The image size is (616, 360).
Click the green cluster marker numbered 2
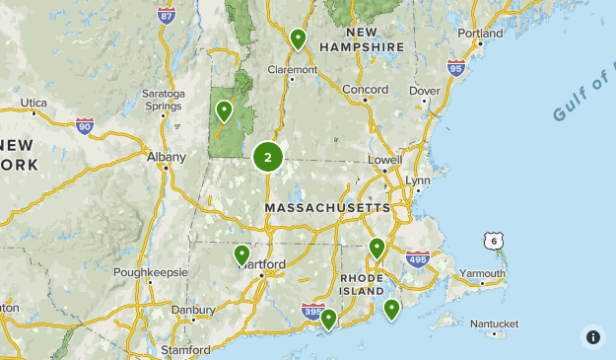click(x=268, y=157)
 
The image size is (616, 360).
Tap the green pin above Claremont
click(x=298, y=40)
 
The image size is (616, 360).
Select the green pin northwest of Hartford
click(x=242, y=255)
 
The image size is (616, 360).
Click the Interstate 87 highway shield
click(x=167, y=15)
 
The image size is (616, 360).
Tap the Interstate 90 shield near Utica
click(x=85, y=125)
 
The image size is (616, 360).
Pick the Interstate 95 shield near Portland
click(x=455, y=67)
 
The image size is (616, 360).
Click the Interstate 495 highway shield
click(x=419, y=260)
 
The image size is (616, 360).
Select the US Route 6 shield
click(x=492, y=241)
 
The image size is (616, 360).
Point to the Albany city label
click(x=165, y=156)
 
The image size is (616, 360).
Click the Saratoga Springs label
click(x=164, y=100)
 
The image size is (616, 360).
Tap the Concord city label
click(x=366, y=90)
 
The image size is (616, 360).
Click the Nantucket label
click(x=494, y=324)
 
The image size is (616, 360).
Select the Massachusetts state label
click(x=328, y=209)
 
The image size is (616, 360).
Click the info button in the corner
click(x=592, y=336)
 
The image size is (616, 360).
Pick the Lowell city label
click(x=384, y=159)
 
